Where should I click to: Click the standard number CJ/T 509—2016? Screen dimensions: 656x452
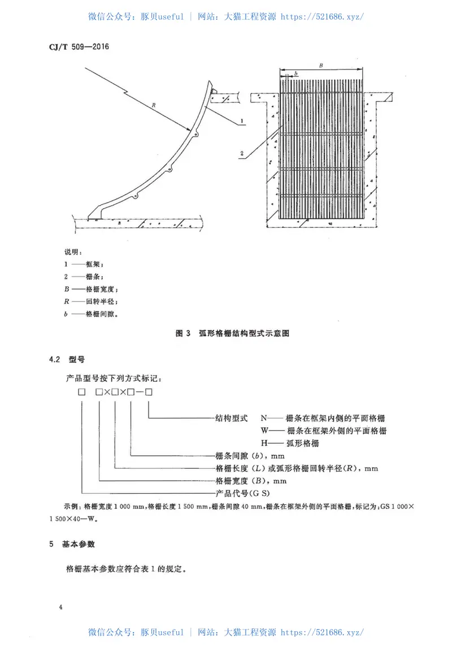(x=75, y=46)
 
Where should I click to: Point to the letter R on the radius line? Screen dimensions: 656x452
(x=153, y=105)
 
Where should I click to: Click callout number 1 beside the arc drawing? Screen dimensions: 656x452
(x=241, y=121)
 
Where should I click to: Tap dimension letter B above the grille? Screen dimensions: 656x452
(x=320, y=66)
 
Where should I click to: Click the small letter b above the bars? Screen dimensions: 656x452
(x=295, y=74)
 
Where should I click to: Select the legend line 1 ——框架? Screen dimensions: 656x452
(x=84, y=264)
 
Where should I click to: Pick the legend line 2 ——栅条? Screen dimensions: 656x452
(x=84, y=277)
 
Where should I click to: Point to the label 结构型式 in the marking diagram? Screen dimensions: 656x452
(x=232, y=418)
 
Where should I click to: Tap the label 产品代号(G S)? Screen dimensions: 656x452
(x=245, y=494)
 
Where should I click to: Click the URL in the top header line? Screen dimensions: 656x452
(x=322, y=16)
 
